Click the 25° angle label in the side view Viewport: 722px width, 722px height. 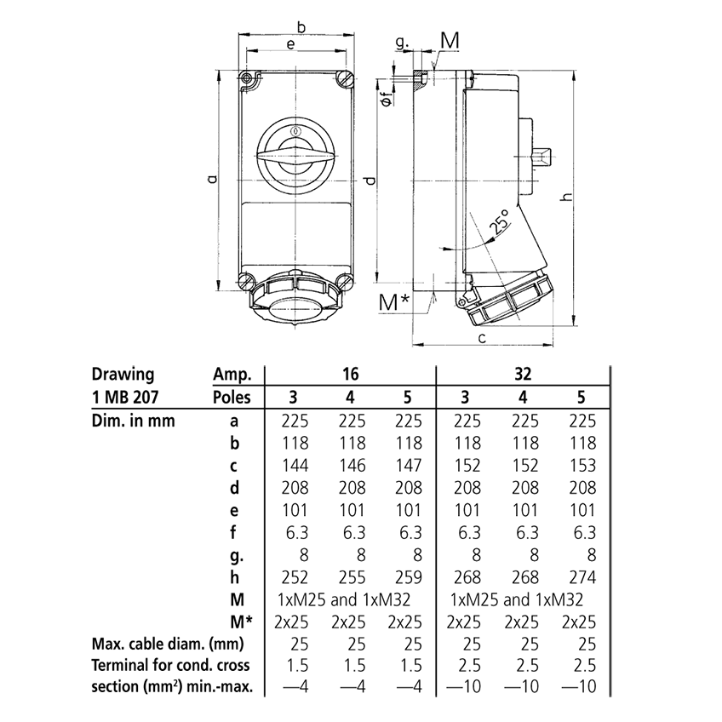coord(501,222)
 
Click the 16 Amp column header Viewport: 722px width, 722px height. coord(350,374)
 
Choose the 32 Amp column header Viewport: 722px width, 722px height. coord(523,374)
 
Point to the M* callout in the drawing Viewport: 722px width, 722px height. coord(394,301)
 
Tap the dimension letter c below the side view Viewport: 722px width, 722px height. coord(482,338)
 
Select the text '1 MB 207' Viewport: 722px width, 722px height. coord(123,396)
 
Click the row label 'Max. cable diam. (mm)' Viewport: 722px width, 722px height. coord(161,643)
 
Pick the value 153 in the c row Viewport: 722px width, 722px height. coord(582,466)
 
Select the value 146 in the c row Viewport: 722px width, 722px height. coord(350,466)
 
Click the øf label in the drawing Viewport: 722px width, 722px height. coord(386,99)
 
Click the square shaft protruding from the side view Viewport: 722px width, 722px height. coord(541,158)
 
